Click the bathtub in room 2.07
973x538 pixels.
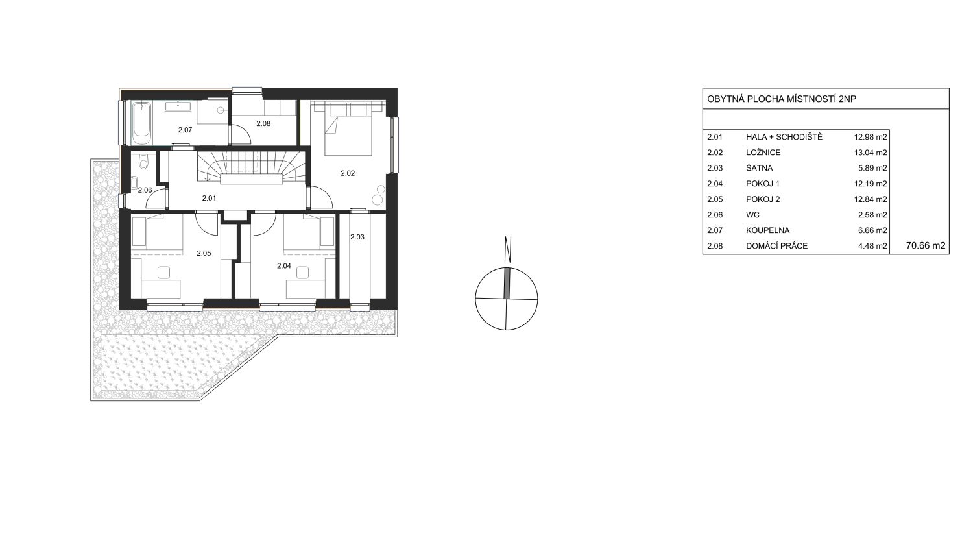142,123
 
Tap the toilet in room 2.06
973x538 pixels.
143,161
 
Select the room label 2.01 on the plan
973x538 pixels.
209,198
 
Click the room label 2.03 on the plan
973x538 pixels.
357,237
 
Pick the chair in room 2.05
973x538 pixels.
164,272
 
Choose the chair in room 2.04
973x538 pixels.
302,273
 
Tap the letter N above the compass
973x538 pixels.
508,250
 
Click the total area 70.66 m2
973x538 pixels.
926,245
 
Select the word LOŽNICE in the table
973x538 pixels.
763,153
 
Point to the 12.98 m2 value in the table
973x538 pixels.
871,137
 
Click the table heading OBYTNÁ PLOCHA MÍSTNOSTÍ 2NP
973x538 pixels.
782,99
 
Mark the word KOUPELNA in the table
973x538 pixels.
767,230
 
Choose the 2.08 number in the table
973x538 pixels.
715,246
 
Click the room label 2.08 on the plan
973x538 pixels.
263,123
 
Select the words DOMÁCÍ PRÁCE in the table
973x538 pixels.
776,246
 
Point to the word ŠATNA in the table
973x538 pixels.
760,168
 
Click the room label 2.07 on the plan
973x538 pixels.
185,130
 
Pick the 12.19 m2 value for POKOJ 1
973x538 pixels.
871,184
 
